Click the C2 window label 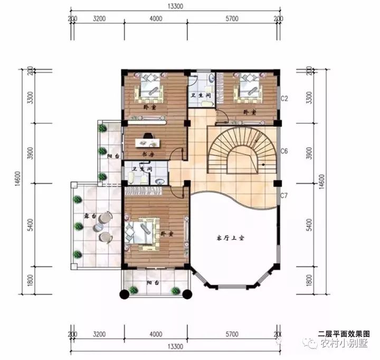tap(283, 99)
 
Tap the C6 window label tap(283, 151)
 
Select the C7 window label tap(283, 196)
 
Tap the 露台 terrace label tap(81, 216)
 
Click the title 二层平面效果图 tap(344, 334)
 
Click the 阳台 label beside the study tap(112, 157)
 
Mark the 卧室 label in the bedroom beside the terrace tap(166, 233)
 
